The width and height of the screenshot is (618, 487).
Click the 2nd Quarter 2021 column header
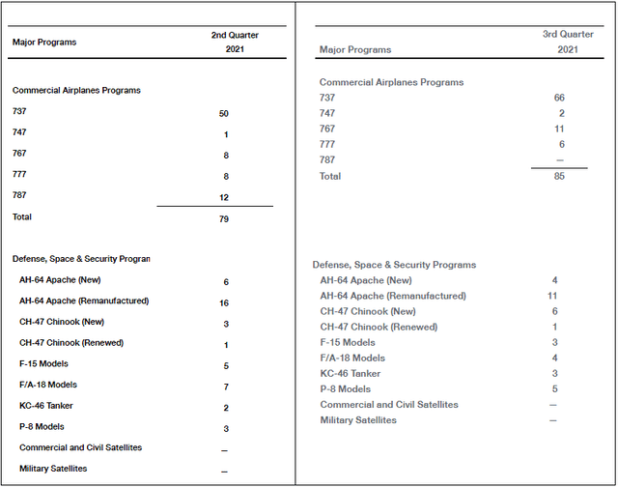(x=235, y=43)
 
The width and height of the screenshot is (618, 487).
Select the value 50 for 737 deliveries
(x=224, y=114)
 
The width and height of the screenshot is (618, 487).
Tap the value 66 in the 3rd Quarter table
(x=559, y=98)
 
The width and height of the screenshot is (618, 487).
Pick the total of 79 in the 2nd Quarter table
(x=224, y=218)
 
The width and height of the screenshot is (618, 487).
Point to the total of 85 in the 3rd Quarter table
(x=559, y=177)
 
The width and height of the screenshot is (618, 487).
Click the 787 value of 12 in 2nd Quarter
(x=224, y=198)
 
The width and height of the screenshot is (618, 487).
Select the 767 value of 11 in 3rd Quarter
(x=559, y=129)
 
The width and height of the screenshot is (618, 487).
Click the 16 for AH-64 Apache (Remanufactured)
(x=224, y=301)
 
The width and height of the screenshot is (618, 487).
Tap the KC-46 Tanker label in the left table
(x=46, y=406)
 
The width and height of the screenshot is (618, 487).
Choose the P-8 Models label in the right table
(x=346, y=389)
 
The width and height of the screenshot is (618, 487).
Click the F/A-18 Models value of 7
(x=224, y=386)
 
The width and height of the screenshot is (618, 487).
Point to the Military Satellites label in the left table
(x=53, y=469)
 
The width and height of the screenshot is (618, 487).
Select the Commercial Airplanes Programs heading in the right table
(x=391, y=82)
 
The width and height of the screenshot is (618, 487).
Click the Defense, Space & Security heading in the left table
(x=81, y=259)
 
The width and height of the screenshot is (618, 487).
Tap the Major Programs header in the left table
(x=44, y=43)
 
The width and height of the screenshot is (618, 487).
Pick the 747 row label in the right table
(x=328, y=113)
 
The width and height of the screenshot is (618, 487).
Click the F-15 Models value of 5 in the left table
(x=224, y=365)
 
